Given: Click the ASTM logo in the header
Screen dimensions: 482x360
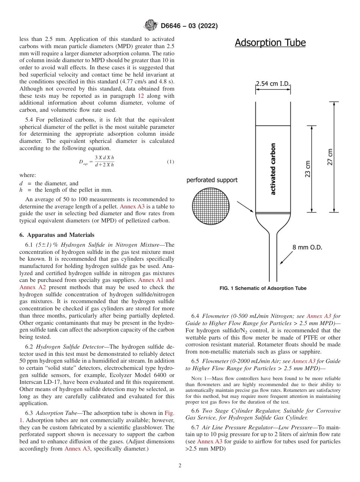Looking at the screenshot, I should point(151,26).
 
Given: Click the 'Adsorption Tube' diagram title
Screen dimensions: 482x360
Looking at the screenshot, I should point(270,43).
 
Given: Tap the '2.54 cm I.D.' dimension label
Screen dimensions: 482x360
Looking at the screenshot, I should point(273,84).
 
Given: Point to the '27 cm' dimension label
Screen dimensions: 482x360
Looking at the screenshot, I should point(330,156).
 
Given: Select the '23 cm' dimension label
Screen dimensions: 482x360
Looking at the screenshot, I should point(308,169).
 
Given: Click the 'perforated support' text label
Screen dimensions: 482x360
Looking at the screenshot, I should point(212,180).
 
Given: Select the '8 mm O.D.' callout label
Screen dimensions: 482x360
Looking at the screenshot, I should point(307,247).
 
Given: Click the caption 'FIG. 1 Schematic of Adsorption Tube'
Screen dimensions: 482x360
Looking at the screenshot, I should point(263,288).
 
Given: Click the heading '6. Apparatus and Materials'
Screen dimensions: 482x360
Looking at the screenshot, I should point(57,235).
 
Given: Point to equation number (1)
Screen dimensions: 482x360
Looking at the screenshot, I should point(170,162).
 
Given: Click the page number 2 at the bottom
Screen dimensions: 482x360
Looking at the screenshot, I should point(180,466).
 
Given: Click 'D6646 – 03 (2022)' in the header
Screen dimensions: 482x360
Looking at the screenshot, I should point(189,26).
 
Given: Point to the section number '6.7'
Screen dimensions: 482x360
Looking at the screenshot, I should point(196,428).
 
